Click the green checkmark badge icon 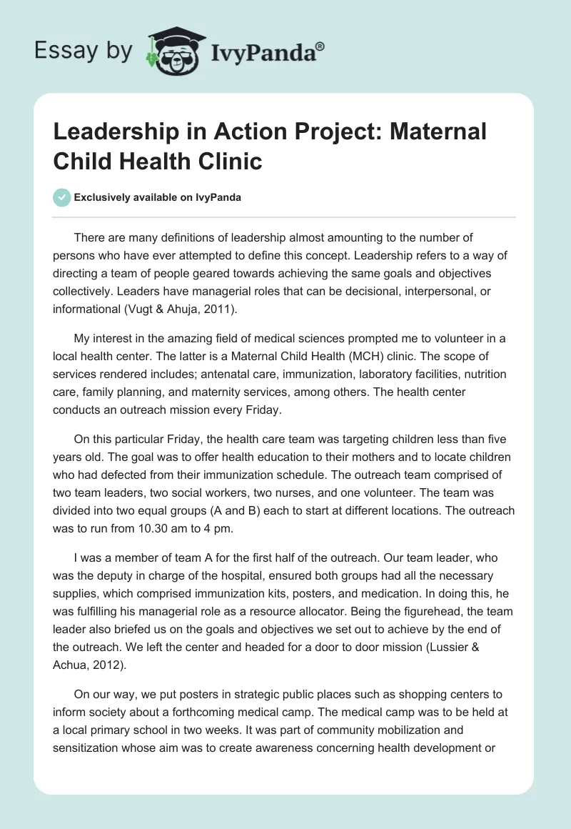61,197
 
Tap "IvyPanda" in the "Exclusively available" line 216,197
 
